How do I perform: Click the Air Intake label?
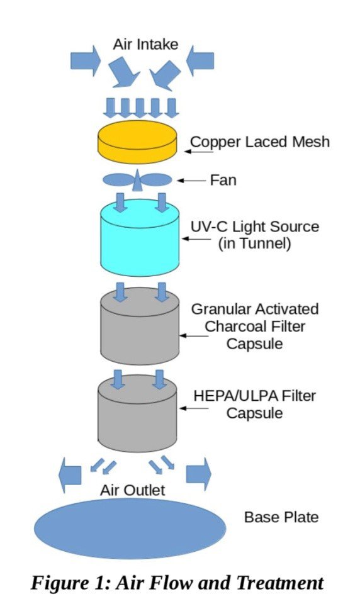pyautogui.click(x=145, y=44)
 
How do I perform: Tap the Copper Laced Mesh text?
pyautogui.click(x=259, y=142)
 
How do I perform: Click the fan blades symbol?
pyautogui.click(x=137, y=180)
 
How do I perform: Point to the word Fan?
pyautogui.click(x=223, y=181)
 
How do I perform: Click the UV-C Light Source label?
pyautogui.click(x=254, y=235)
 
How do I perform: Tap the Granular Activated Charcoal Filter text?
pyautogui.click(x=254, y=327)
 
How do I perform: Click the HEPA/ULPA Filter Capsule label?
pyautogui.click(x=254, y=404)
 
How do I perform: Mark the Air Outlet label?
pyautogui.click(x=133, y=490)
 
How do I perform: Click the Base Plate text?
pyautogui.click(x=281, y=517)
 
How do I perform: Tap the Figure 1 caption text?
pyautogui.click(x=177, y=583)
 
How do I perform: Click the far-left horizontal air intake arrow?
pyautogui.click(x=85, y=60)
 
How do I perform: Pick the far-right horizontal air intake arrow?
pyautogui.click(x=200, y=60)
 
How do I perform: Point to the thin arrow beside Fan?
pyautogui.click(x=191, y=181)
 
